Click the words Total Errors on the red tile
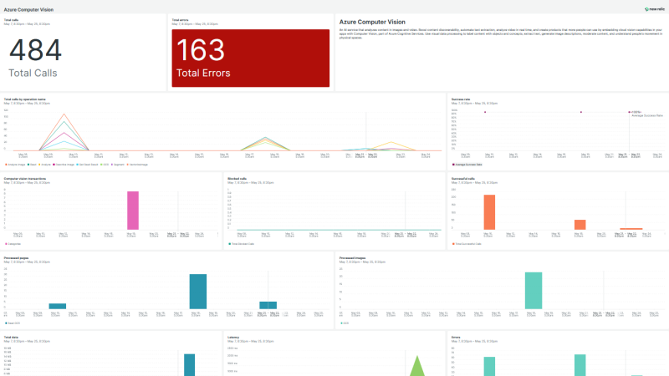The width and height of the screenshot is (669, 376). click(x=203, y=73)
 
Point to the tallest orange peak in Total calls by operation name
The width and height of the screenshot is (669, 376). click(x=64, y=114)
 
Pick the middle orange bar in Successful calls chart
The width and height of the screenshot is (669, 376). click(x=580, y=224)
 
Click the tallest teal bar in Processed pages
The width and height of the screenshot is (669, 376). click(x=197, y=292)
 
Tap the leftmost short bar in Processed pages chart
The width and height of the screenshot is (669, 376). click(x=57, y=306)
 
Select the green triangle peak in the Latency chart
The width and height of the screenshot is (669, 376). click(x=417, y=366)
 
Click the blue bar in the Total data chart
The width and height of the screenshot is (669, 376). click(x=189, y=365)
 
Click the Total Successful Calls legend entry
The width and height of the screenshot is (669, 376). click(x=469, y=244)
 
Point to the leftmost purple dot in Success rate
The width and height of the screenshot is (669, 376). click(x=485, y=112)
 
